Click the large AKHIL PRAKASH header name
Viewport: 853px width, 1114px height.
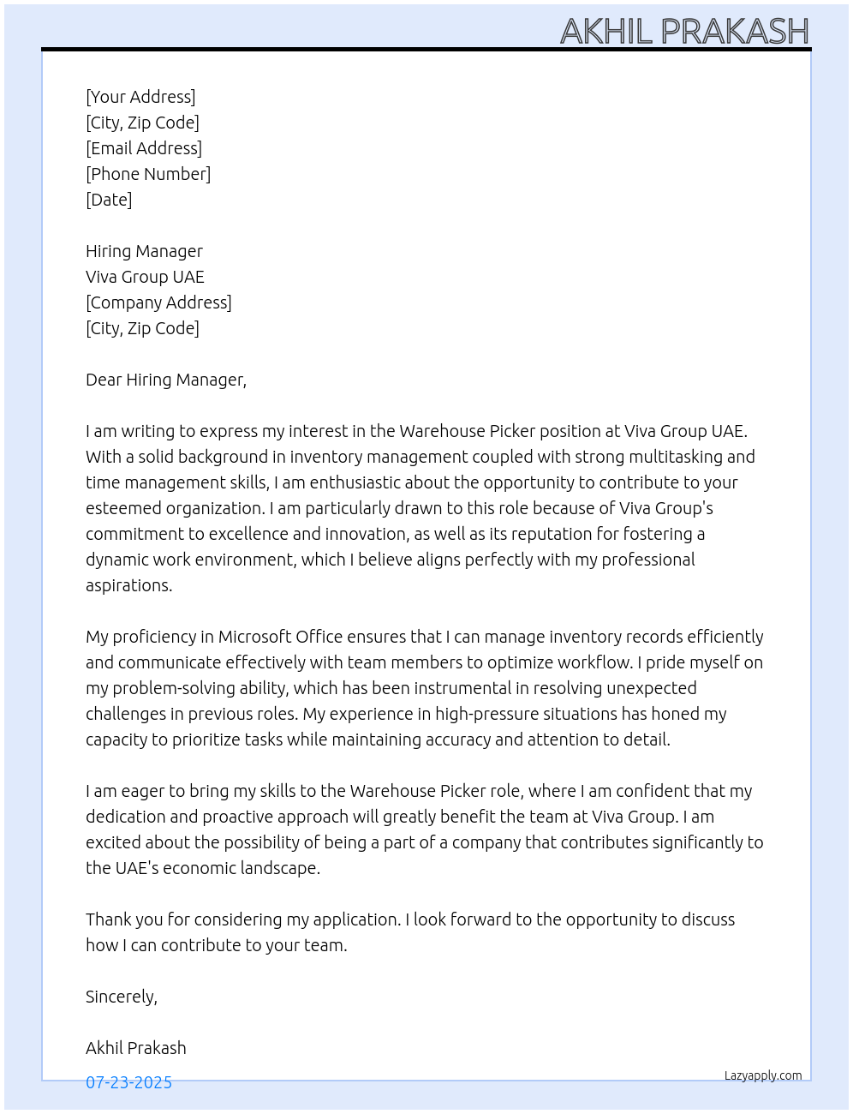(684, 32)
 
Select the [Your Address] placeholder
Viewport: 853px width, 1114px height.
(140, 97)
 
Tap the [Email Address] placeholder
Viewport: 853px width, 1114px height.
(144, 148)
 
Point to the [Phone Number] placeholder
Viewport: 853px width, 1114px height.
(148, 174)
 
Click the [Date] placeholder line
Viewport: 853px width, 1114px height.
(109, 200)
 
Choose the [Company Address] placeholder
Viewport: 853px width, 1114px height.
(158, 302)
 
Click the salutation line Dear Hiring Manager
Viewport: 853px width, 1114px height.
(166, 380)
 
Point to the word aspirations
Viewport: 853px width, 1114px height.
(128, 585)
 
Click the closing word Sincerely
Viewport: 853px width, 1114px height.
(121, 997)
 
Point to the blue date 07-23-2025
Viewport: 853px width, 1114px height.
(128, 1082)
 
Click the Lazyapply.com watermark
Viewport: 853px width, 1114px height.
(763, 1075)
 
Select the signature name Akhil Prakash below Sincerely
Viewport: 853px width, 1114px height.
(135, 1048)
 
